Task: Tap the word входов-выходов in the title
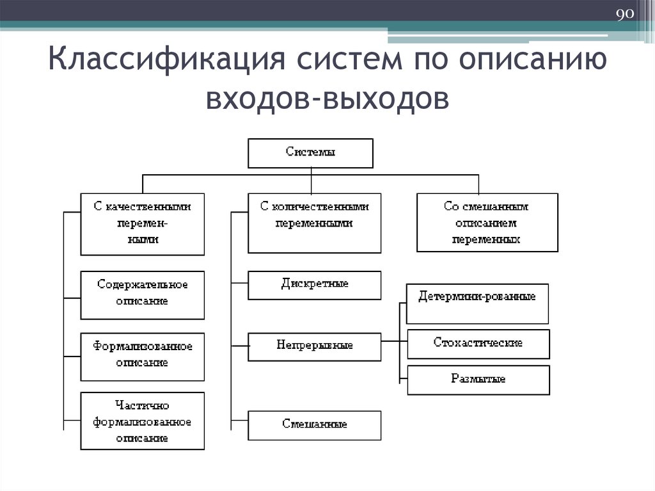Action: coord(326,99)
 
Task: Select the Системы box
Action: coord(310,152)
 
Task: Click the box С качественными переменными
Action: coord(143,223)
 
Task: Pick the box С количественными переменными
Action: coord(314,222)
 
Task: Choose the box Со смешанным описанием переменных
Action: coord(487,222)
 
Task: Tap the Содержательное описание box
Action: coord(143,295)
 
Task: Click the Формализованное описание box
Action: coord(143,357)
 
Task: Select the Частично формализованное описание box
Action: coord(143,421)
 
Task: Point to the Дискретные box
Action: coord(314,285)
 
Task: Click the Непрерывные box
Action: coord(314,346)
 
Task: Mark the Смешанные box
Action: coord(314,425)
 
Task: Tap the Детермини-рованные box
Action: coord(477,303)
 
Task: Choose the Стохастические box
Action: coord(478,344)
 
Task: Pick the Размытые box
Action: coord(478,380)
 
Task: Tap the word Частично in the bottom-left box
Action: coord(142,405)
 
